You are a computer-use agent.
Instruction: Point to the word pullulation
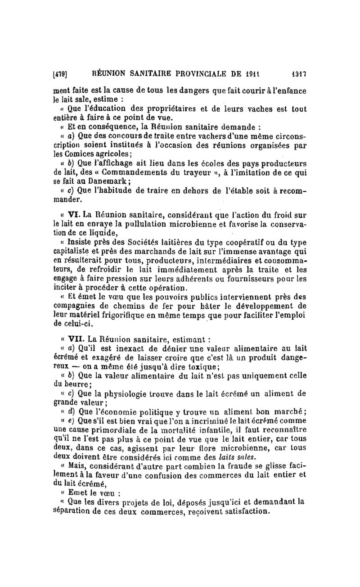(146, 221)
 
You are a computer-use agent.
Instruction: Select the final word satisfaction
(243, 512)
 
